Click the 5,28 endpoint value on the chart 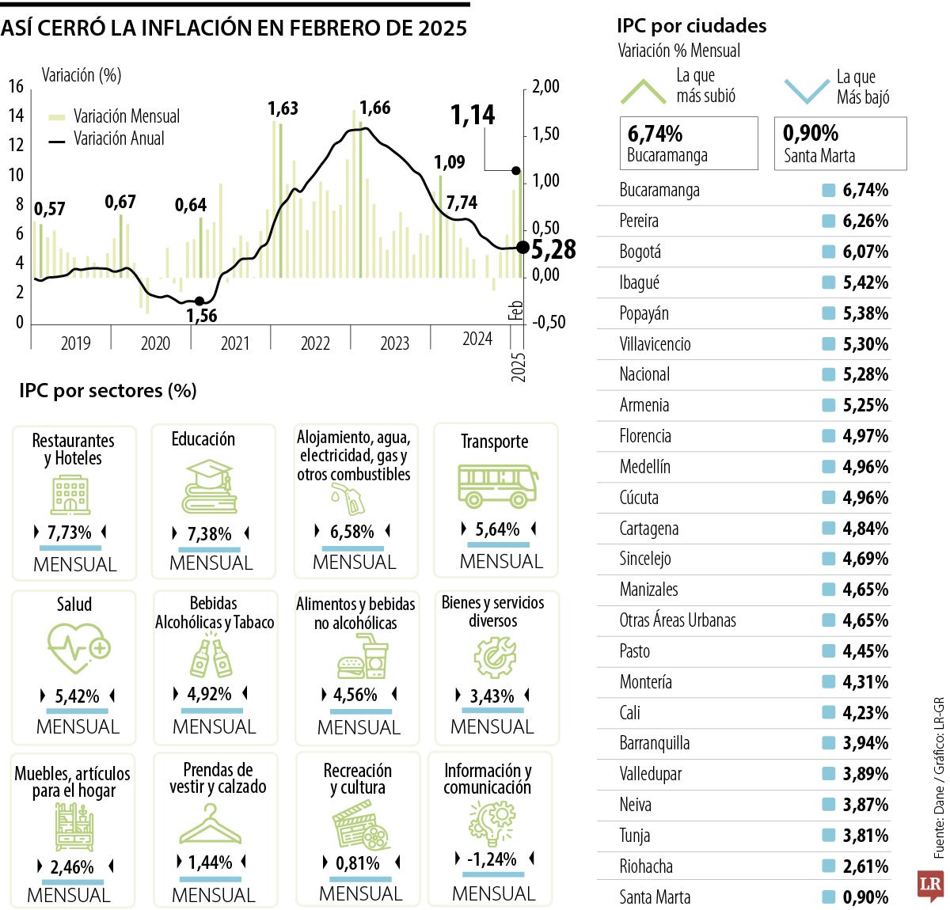point(553,249)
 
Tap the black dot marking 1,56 point(199,301)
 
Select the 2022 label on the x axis point(315,343)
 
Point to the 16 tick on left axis point(16,86)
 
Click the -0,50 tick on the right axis point(549,322)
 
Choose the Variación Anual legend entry point(119,138)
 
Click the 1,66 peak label point(374,108)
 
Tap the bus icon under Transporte point(497,486)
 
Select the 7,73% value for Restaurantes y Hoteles point(70,533)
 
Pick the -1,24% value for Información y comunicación point(492,859)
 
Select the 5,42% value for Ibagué point(864,282)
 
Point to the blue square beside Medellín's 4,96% point(828,467)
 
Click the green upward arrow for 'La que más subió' point(643,91)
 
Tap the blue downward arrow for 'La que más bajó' point(806,91)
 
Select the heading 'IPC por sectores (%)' point(108,390)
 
